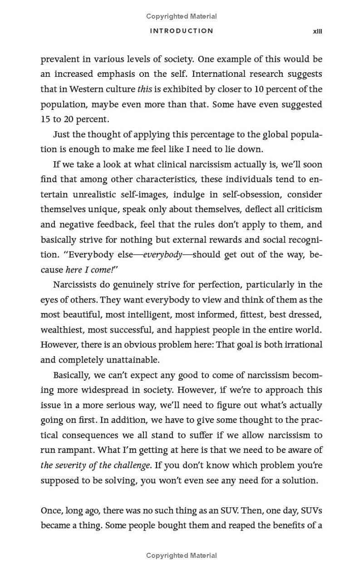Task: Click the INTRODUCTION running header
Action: [181, 31]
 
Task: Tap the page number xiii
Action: [317, 31]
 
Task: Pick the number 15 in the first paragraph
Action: [45, 119]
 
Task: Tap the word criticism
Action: [301, 209]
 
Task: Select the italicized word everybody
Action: [162, 255]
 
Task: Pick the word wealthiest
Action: [62, 330]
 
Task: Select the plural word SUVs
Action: [312, 511]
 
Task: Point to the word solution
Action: [297, 480]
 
